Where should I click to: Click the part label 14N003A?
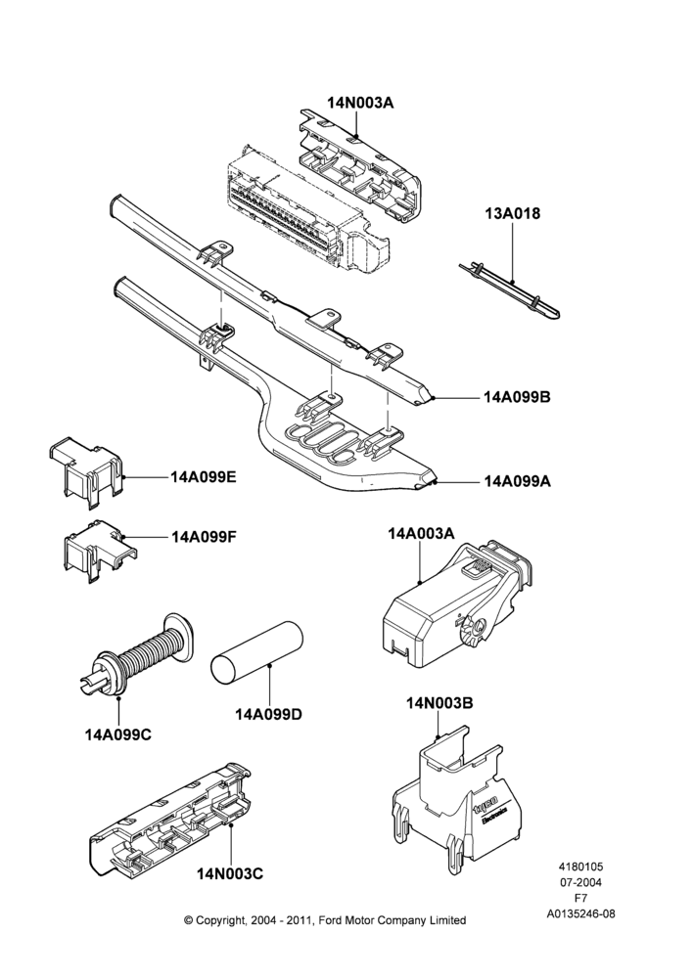361,104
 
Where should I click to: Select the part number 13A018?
513,213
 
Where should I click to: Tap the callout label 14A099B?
518,397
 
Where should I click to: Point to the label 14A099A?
518,481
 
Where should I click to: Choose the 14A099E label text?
204,477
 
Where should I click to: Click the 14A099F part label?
204,536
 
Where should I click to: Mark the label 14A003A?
421,533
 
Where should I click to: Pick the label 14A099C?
118,734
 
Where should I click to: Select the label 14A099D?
268,714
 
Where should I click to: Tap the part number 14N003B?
439,703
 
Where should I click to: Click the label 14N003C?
230,873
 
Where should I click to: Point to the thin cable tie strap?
509,290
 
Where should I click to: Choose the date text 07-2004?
580,881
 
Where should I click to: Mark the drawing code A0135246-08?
580,913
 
